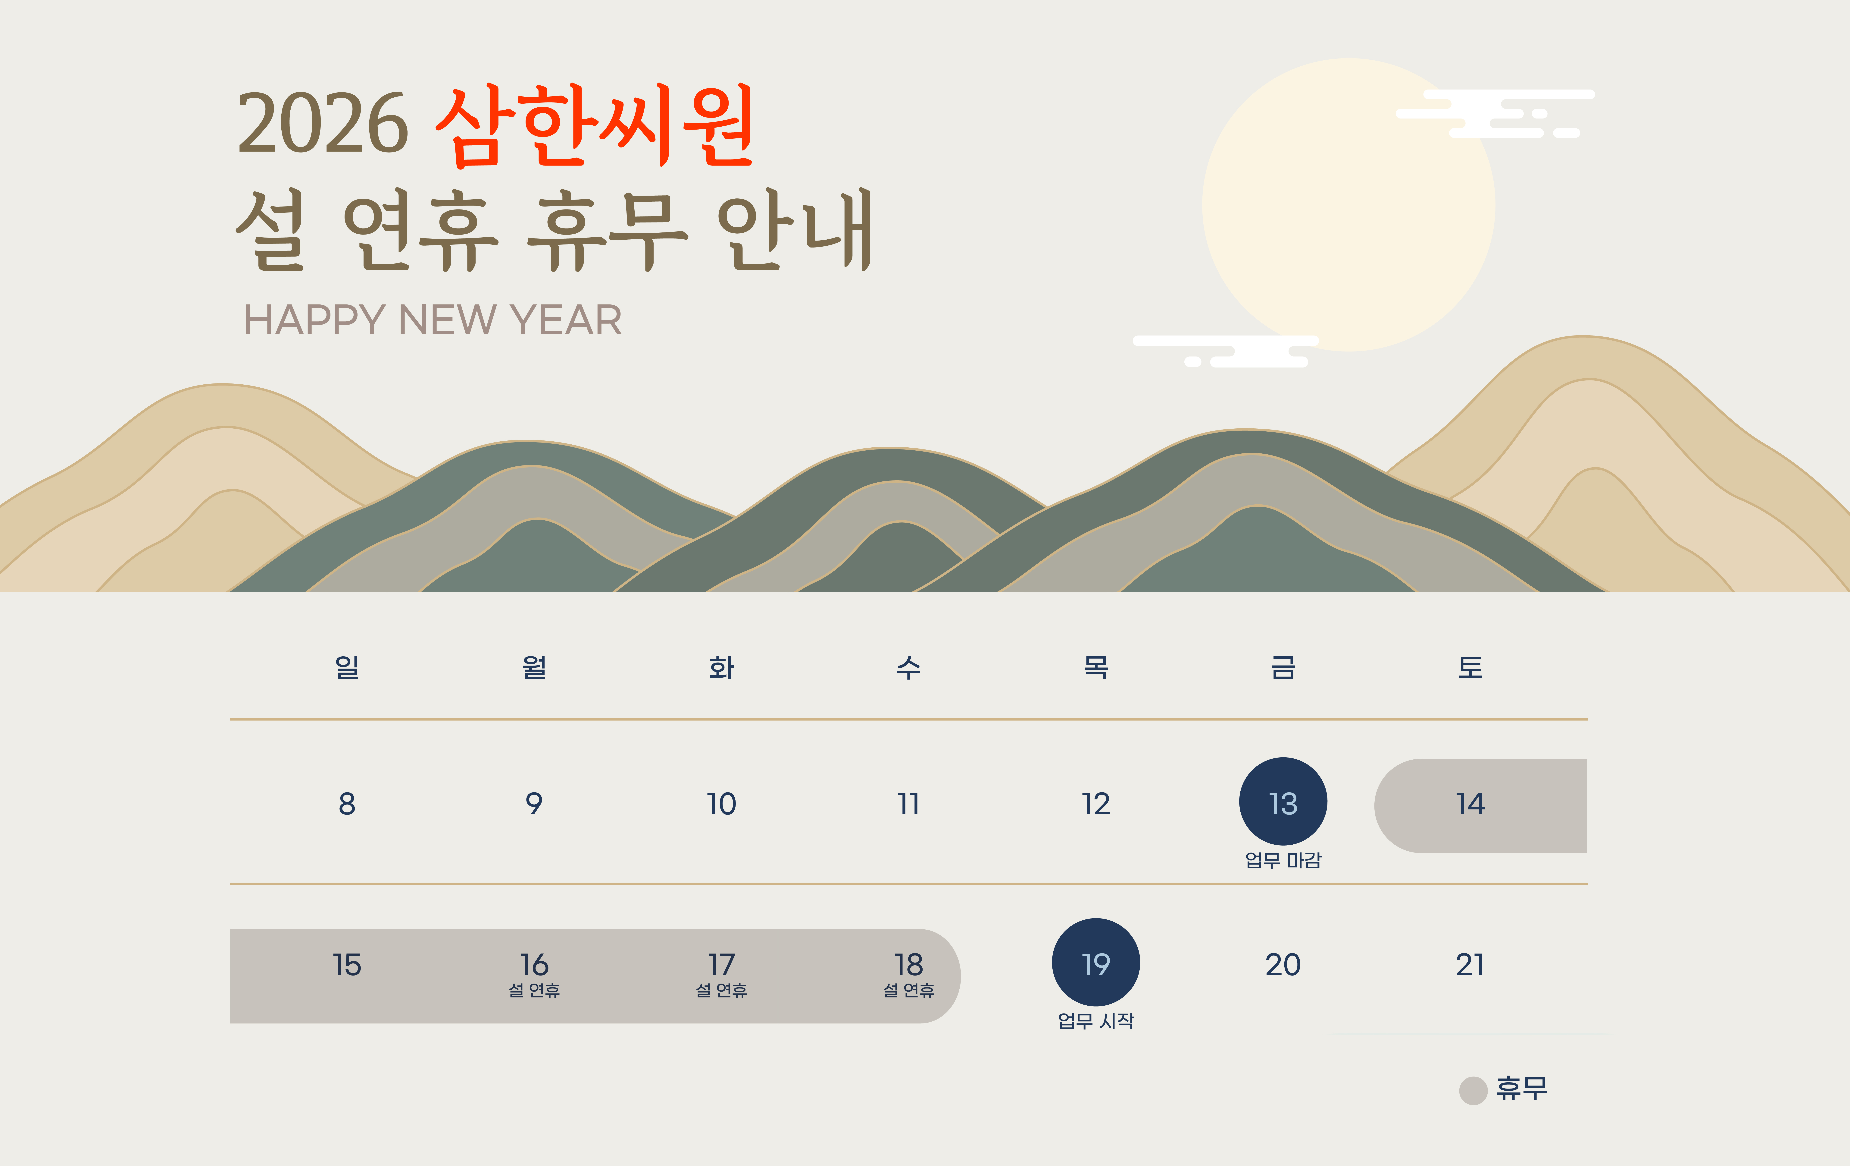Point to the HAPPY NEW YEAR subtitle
(x=433, y=320)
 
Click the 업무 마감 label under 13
(x=1283, y=860)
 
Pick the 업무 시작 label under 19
(x=1095, y=1021)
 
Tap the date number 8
(x=347, y=804)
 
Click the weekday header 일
(x=347, y=667)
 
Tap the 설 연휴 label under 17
(x=721, y=991)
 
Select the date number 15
(x=347, y=965)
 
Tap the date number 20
(x=1283, y=965)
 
